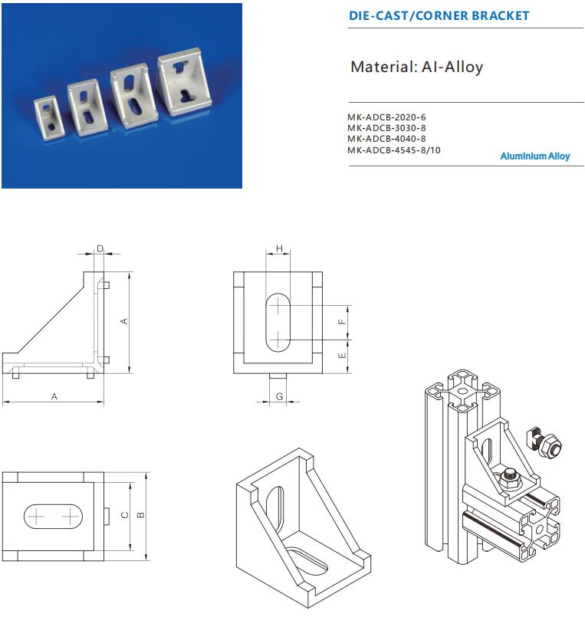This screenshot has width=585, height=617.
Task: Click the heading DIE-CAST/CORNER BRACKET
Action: point(439,15)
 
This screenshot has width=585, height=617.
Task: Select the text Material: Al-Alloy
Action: point(416,67)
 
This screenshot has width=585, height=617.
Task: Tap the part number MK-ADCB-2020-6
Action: point(386,117)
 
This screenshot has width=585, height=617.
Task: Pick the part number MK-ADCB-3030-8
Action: point(386,128)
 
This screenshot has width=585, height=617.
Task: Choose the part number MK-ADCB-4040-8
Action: point(386,139)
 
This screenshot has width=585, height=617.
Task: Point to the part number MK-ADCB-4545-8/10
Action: point(394,149)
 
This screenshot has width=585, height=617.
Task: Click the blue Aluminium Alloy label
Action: point(535,156)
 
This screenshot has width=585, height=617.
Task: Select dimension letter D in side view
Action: point(100,248)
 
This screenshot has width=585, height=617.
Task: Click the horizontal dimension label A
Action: point(54,396)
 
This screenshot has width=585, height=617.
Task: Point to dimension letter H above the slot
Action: point(279,248)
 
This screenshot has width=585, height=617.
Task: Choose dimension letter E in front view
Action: point(342,355)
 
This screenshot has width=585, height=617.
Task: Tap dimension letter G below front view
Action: point(279,396)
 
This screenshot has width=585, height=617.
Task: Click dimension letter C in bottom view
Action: point(124,514)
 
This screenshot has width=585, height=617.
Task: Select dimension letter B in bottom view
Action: point(140,514)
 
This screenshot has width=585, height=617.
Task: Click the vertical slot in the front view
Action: point(279,322)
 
